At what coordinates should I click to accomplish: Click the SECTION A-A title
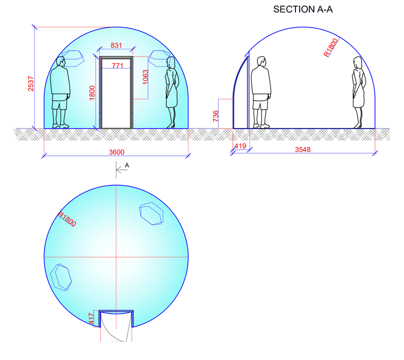pos(303,10)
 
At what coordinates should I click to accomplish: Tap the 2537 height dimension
pos(31,83)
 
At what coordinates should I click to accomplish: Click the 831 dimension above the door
pos(116,46)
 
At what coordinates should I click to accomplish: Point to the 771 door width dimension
pos(116,65)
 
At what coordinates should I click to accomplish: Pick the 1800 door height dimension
pos(93,93)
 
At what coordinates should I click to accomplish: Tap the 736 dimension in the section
pos(216,117)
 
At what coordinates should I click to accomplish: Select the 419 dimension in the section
pos(240,147)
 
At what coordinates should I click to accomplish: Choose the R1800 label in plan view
pos(67,220)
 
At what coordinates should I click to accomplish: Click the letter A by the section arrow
pos(127,165)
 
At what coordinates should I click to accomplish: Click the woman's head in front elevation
pos(171,63)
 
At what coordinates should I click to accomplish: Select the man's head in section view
pos(261,62)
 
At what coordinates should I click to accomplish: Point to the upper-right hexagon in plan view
pos(152,213)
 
